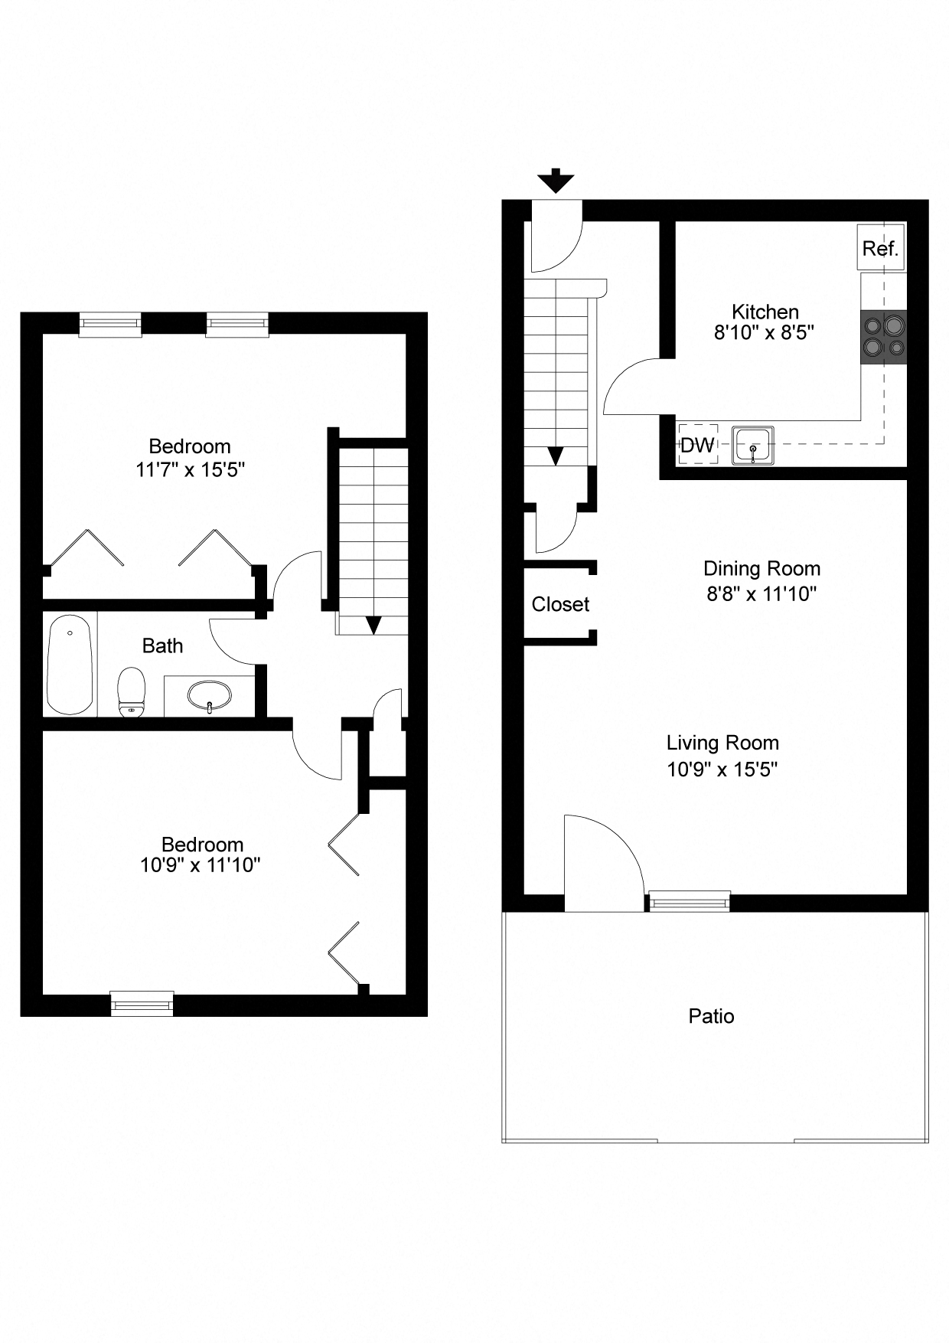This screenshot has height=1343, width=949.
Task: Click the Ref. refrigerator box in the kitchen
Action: click(881, 247)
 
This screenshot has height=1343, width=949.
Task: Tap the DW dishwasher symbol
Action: click(697, 445)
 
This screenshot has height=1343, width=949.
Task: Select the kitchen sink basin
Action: click(753, 446)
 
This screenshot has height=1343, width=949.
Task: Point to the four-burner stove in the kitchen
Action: click(884, 337)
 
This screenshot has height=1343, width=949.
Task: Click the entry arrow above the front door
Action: click(556, 181)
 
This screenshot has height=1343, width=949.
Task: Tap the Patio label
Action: click(711, 1017)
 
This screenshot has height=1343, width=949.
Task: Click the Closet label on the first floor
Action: click(560, 604)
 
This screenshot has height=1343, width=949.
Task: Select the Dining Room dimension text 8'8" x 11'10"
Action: click(761, 593)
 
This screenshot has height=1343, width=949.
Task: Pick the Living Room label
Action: click(722, 743)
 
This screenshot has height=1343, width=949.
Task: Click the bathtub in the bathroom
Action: click(70, 663)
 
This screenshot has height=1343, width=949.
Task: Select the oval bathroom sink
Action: click(209, 696)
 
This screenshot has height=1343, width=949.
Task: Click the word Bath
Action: click(162, 646)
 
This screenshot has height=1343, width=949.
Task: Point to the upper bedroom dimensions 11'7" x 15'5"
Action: click(190, 469)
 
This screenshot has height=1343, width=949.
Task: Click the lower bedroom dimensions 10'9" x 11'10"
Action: click(201, 865)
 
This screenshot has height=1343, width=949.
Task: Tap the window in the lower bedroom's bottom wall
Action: click(142, 1003)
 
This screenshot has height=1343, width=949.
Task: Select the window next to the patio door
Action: click(689, 901)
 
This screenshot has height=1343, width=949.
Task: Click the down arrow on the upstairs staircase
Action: click(373, 625)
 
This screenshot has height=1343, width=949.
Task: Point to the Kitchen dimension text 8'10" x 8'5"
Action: click(763, 332)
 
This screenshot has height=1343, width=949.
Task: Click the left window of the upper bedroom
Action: click(111, 325)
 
